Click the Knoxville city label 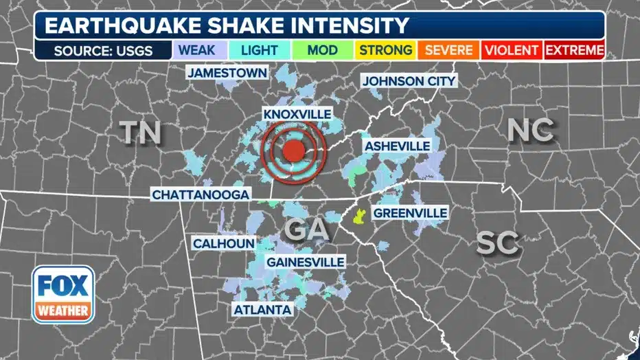point(297,114)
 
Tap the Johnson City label point(409,81)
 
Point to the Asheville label point(398,146)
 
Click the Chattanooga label point(200,195)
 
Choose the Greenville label point(410,213)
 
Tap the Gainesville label point(305,262)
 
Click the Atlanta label point(262,310)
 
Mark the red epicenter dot point(293,151)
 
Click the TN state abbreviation point(142,132)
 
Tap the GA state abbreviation point(306,229)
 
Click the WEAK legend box point(195,50)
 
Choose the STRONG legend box point(386,50)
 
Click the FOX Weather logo point(63,294)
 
